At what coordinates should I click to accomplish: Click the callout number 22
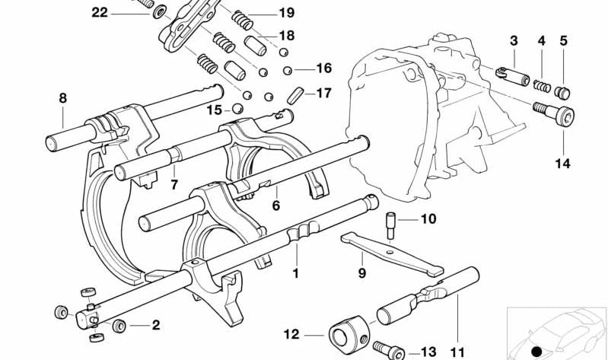tap(100, 12)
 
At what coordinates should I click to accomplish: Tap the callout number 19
tap(286, 13)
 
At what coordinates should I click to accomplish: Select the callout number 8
tap(62, 97)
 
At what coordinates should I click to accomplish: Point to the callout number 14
tap(564, 163)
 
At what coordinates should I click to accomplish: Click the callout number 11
tap(457, 352)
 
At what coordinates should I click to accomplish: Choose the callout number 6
tap(276, 205)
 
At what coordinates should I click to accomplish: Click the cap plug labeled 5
tap(564, 93)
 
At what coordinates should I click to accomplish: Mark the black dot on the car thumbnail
tap(537, 351)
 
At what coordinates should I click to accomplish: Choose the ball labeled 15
tap(237, 109)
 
